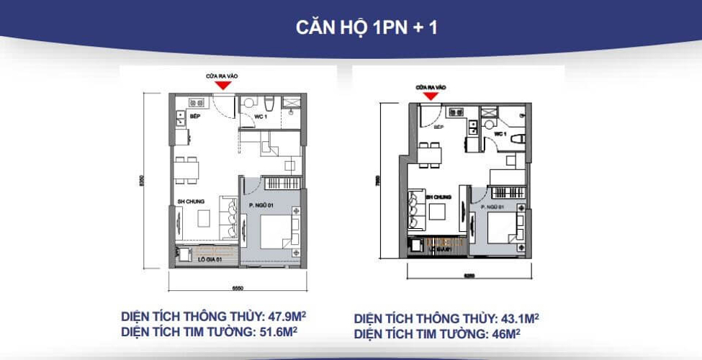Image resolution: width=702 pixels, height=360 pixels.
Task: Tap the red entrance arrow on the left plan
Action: [225, 85]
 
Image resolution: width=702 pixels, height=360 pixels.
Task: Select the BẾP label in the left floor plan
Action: [194, 115]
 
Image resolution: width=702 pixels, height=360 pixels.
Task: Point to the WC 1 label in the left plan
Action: [261, 116]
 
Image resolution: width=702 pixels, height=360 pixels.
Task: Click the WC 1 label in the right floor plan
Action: [501, 134]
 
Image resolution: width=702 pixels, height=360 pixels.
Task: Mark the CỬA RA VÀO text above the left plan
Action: [224, 74]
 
